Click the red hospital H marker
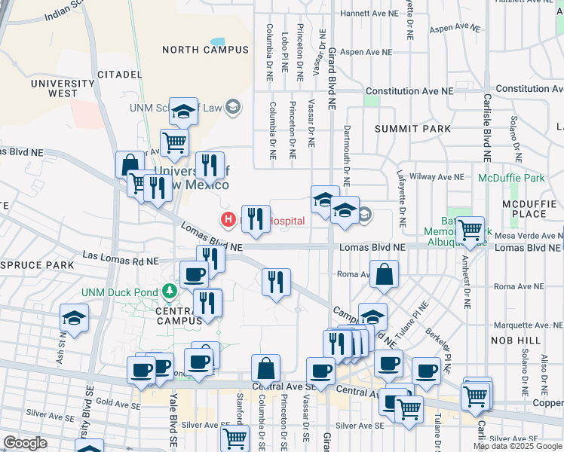226,220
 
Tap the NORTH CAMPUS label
205,50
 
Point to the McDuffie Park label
510,179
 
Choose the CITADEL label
120,75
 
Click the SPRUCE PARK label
37,265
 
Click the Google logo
25,443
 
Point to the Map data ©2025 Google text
517,446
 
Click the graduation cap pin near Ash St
74,319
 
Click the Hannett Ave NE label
369,14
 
